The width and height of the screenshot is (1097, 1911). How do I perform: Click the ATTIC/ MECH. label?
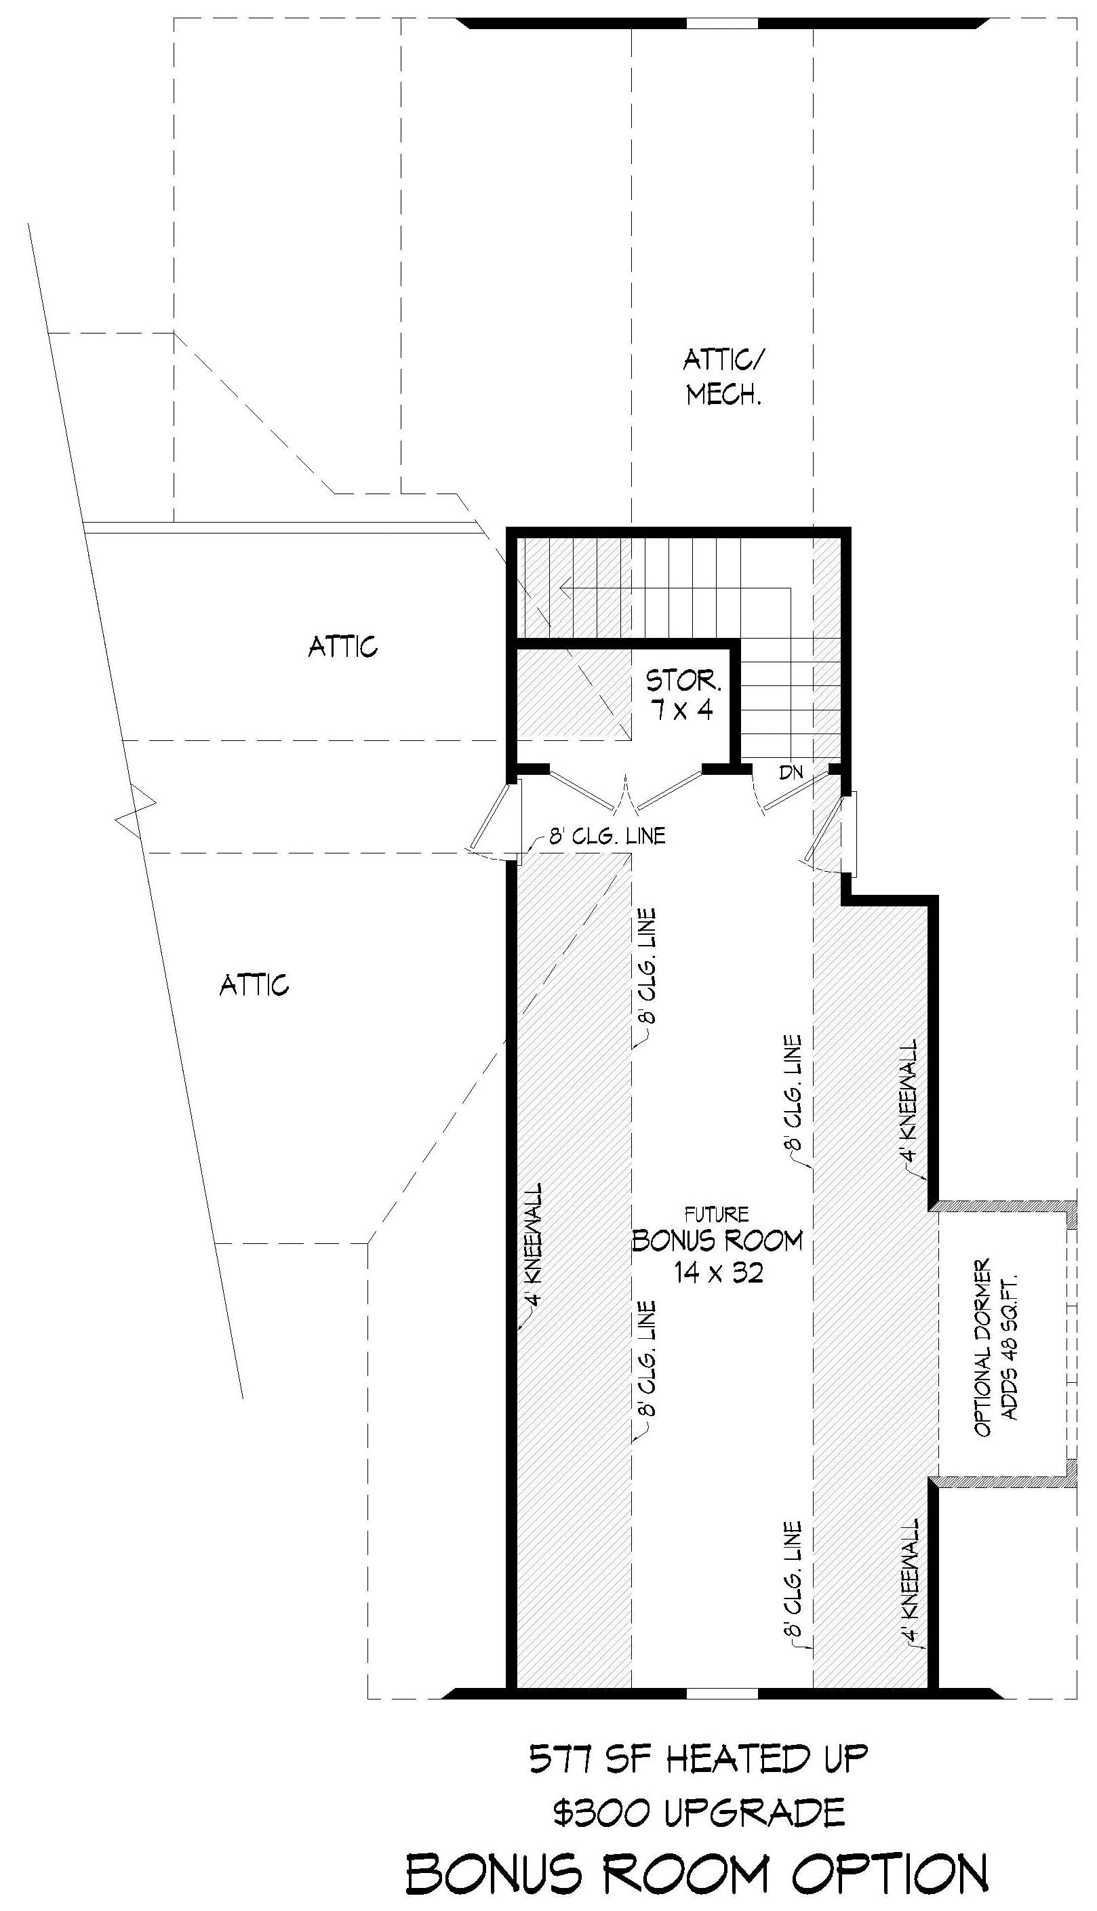point(722,378)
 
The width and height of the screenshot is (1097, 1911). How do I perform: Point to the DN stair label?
point(791,772)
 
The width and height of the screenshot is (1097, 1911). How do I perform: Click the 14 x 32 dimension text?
point(719,1273)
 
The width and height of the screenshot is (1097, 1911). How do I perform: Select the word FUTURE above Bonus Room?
point(717,1215)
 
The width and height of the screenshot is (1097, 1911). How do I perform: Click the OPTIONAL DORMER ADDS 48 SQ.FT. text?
point(996,1348)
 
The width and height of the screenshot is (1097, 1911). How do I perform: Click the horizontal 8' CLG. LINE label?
point(607,836)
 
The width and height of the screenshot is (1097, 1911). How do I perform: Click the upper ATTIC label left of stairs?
point(343,646)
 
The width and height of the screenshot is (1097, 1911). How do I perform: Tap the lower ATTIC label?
point(254,985)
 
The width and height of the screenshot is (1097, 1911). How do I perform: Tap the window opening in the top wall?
point(722,23)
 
